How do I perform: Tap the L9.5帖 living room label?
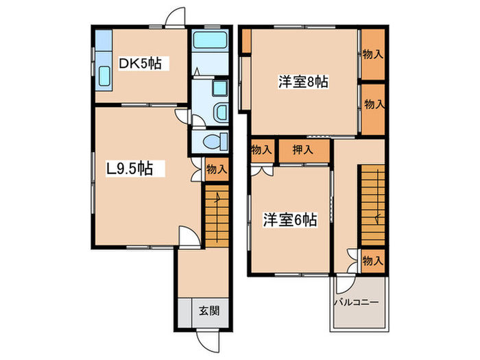coord(130,169)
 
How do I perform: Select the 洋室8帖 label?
coord(303,82)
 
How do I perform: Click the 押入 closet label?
coord(304,149)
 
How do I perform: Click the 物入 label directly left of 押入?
coord(261,149)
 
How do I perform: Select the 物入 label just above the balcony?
coord(372,261)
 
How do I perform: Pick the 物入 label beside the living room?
coord(217,169)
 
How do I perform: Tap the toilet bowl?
coord(216,142)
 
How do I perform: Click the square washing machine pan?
coord(220,89)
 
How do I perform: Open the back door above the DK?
coord(176,18)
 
